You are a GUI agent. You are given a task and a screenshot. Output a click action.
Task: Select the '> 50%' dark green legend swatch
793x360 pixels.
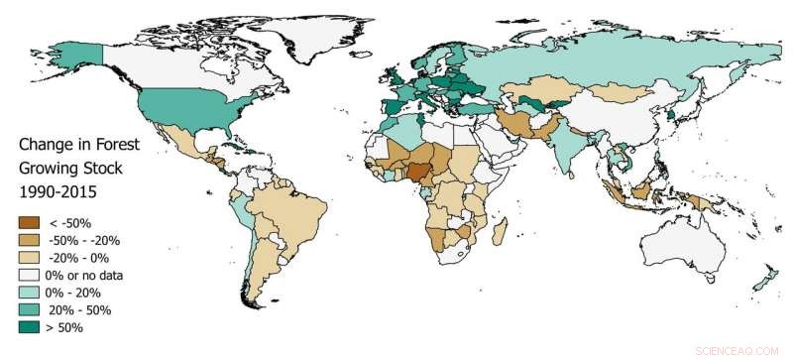point(30,328)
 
